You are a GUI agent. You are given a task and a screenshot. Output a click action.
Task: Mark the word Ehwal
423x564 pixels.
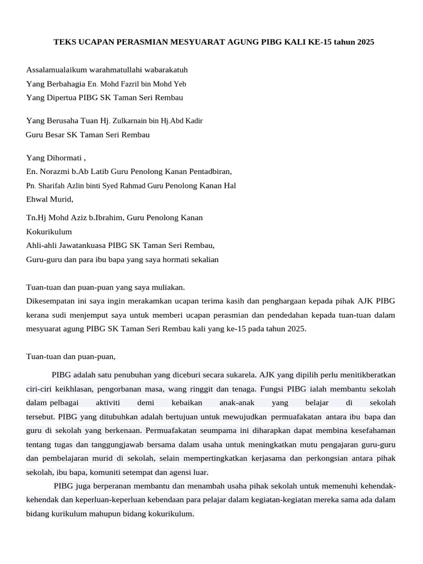click(37, 199)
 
